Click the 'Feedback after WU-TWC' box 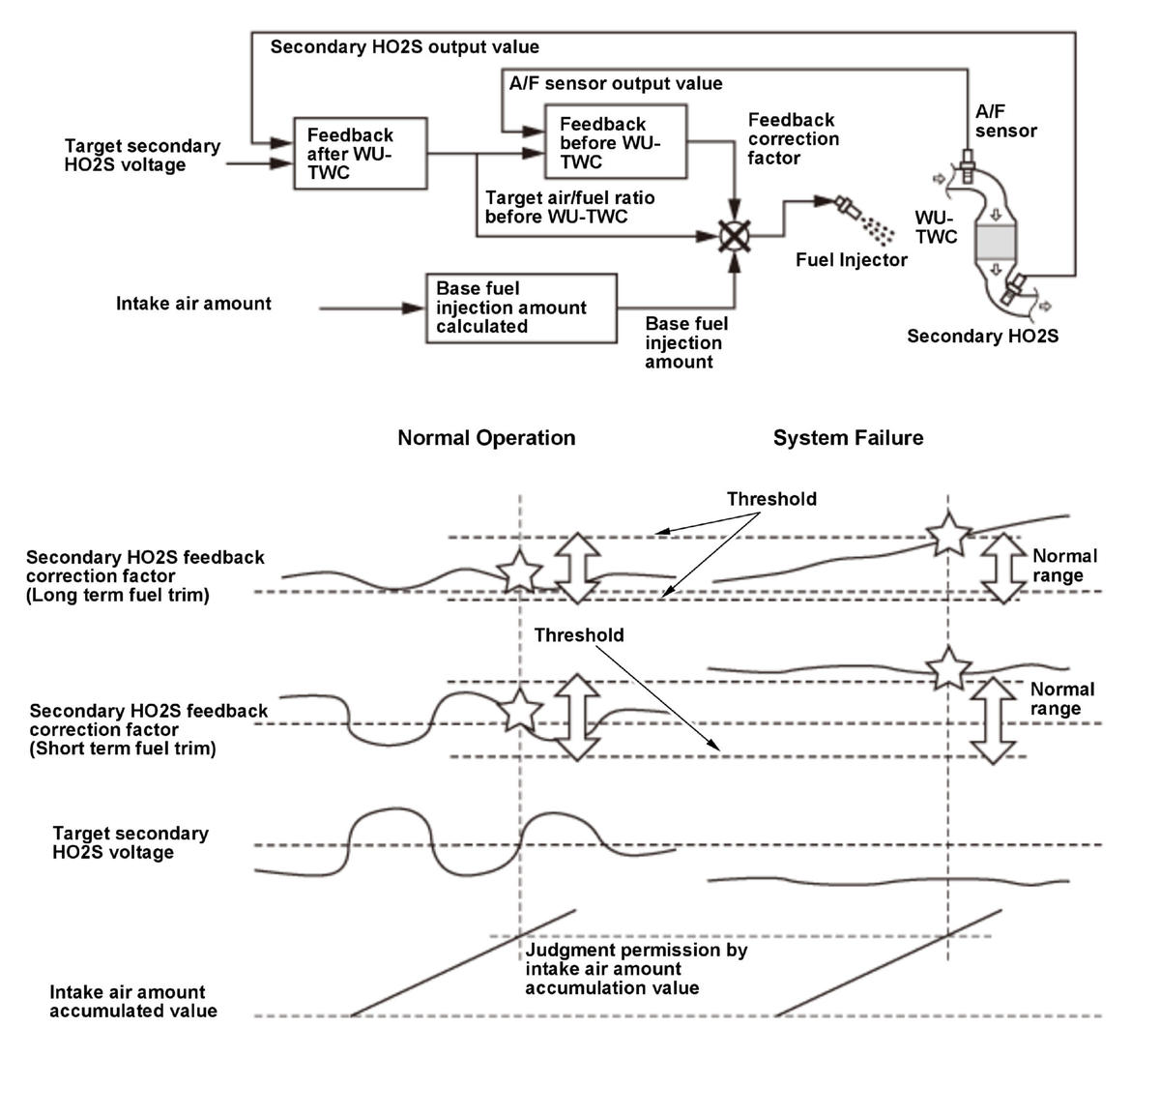point(360,154)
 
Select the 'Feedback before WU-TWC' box point(616,142)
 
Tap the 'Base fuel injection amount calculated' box point(521,308)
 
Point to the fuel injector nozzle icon point(847,206)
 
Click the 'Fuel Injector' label point(851,259)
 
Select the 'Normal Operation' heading point(486,438)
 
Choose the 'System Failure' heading point(848,438)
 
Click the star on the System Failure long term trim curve point(947,533)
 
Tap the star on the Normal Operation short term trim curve point(520,711)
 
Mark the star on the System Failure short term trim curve point(947,669)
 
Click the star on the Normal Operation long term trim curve point(520,572)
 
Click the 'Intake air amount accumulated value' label point(133,1001)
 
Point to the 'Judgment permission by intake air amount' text point(635,969)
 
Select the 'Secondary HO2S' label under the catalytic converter point(982,337)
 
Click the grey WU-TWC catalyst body point(997,242)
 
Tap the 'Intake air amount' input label point(193,304)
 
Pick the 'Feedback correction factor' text point(793,138)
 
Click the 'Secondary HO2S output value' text point(404,46)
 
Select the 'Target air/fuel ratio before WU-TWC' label point(569,207)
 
